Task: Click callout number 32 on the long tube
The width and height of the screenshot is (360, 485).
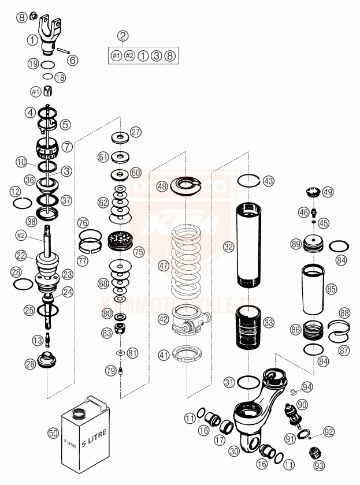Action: tap(229, 247)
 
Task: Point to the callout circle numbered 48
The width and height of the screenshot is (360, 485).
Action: tap(162, 186)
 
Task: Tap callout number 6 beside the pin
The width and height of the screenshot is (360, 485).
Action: tap(73, 59)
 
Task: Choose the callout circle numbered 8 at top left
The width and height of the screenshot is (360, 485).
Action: tap(21, 17)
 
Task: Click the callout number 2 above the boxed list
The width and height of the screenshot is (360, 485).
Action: tap(123, 36)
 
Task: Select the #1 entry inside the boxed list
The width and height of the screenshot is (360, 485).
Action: tap(116, 55)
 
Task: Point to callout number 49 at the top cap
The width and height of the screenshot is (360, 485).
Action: tap(328, 192)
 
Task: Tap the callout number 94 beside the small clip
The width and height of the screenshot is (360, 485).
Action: tap(306, 386)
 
